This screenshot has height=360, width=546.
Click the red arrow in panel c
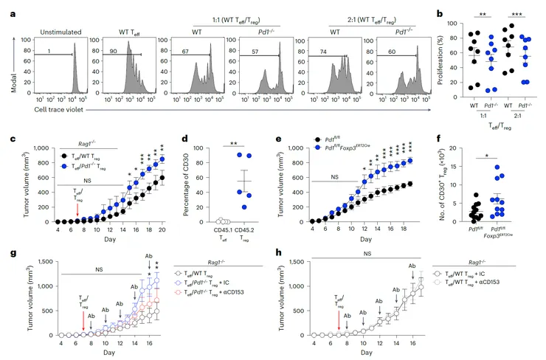[78, 208]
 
